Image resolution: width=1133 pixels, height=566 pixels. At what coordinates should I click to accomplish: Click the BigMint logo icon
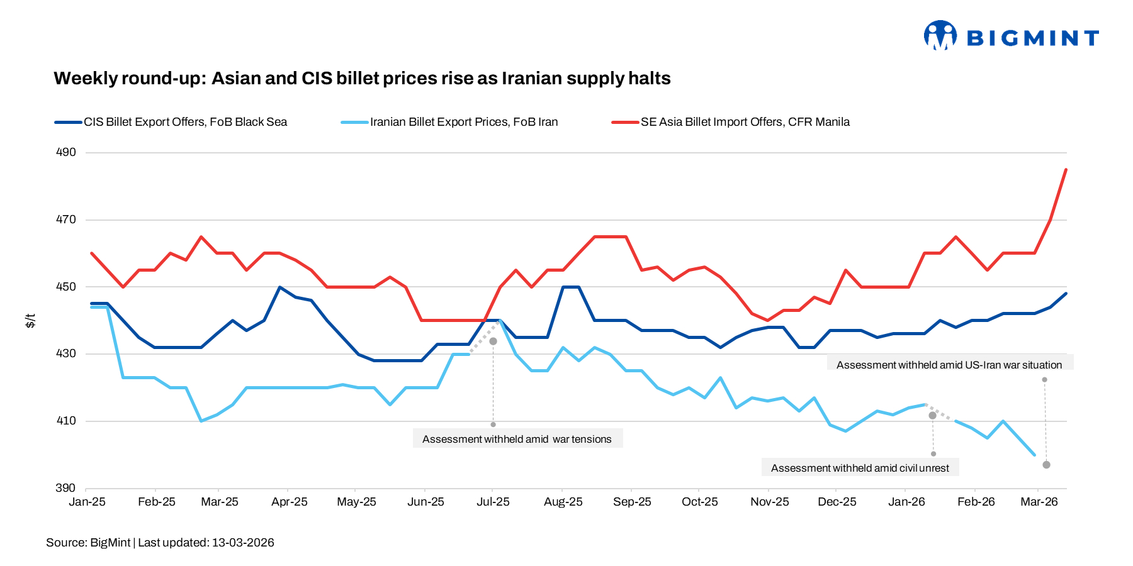[x=940, y=35]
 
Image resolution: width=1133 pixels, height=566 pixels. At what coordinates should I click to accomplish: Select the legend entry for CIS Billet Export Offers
[x=185, y=122]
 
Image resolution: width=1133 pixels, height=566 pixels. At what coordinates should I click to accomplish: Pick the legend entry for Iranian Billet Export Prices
[x=463, y=122]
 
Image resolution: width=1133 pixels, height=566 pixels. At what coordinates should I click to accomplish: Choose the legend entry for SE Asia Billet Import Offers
[x=745, y=122]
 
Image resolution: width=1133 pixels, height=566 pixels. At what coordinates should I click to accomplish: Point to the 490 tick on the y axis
[x=66, y=152]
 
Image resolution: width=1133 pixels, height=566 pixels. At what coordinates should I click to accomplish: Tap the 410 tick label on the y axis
[x=66, y=421]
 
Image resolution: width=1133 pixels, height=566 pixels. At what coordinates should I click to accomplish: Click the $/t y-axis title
[x=30, y=321]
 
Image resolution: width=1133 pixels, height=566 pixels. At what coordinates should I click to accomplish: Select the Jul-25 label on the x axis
[x=493, y=502]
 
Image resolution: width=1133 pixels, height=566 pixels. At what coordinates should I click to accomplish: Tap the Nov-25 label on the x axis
[x=769, y=502]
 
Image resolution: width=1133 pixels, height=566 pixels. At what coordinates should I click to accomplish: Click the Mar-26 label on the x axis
[x=1039, y=502]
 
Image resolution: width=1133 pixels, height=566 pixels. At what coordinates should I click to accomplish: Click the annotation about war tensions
[x=517, y=439]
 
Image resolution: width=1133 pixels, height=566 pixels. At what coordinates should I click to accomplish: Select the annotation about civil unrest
[x=860, y=468]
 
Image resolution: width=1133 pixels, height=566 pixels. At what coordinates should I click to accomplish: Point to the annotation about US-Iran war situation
[x=949, y=365]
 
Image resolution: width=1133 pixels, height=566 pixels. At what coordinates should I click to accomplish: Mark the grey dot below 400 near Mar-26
[x=1046, y=465]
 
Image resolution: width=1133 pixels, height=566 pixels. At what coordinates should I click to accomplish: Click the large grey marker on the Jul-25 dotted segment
[x=493, y=341]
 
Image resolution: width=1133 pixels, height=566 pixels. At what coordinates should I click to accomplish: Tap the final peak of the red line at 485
[x=1066, y=170]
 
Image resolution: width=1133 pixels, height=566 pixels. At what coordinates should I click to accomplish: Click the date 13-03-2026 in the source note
[x=243, y=543]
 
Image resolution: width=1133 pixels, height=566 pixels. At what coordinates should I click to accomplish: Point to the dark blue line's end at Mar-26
[x=1066, y=294]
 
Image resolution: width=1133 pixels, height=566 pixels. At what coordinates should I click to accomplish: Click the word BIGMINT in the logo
[x=1032, y=38]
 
